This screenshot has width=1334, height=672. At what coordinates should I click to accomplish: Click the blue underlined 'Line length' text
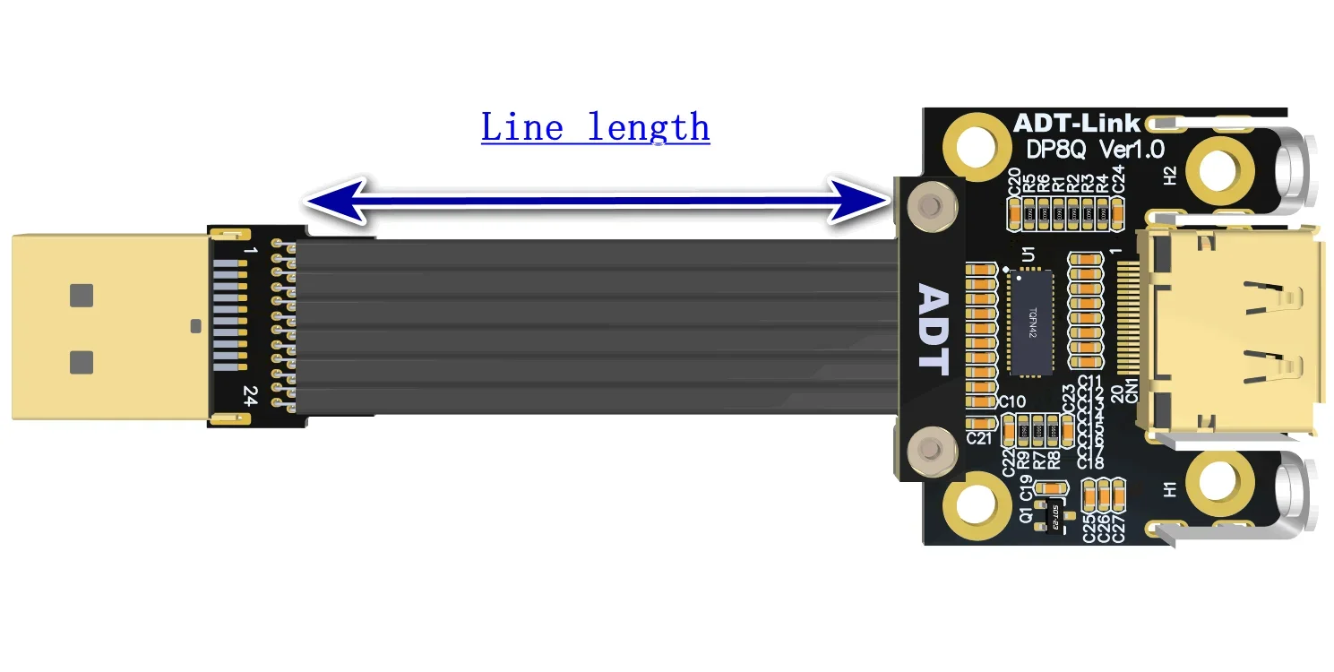[x=595, y=127]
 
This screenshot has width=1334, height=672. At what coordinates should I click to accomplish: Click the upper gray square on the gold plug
[x=82, y=295]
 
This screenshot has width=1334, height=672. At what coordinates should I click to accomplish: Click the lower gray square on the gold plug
[x=82, y=362]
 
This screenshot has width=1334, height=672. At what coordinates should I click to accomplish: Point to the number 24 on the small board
[x=250, y=396]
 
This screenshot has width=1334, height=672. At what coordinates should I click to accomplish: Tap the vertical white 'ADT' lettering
[x=933, y=329]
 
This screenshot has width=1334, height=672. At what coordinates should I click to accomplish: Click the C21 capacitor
[x=981, y=423]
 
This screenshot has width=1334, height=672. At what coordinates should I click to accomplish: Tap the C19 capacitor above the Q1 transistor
[x=1050, y=489]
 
